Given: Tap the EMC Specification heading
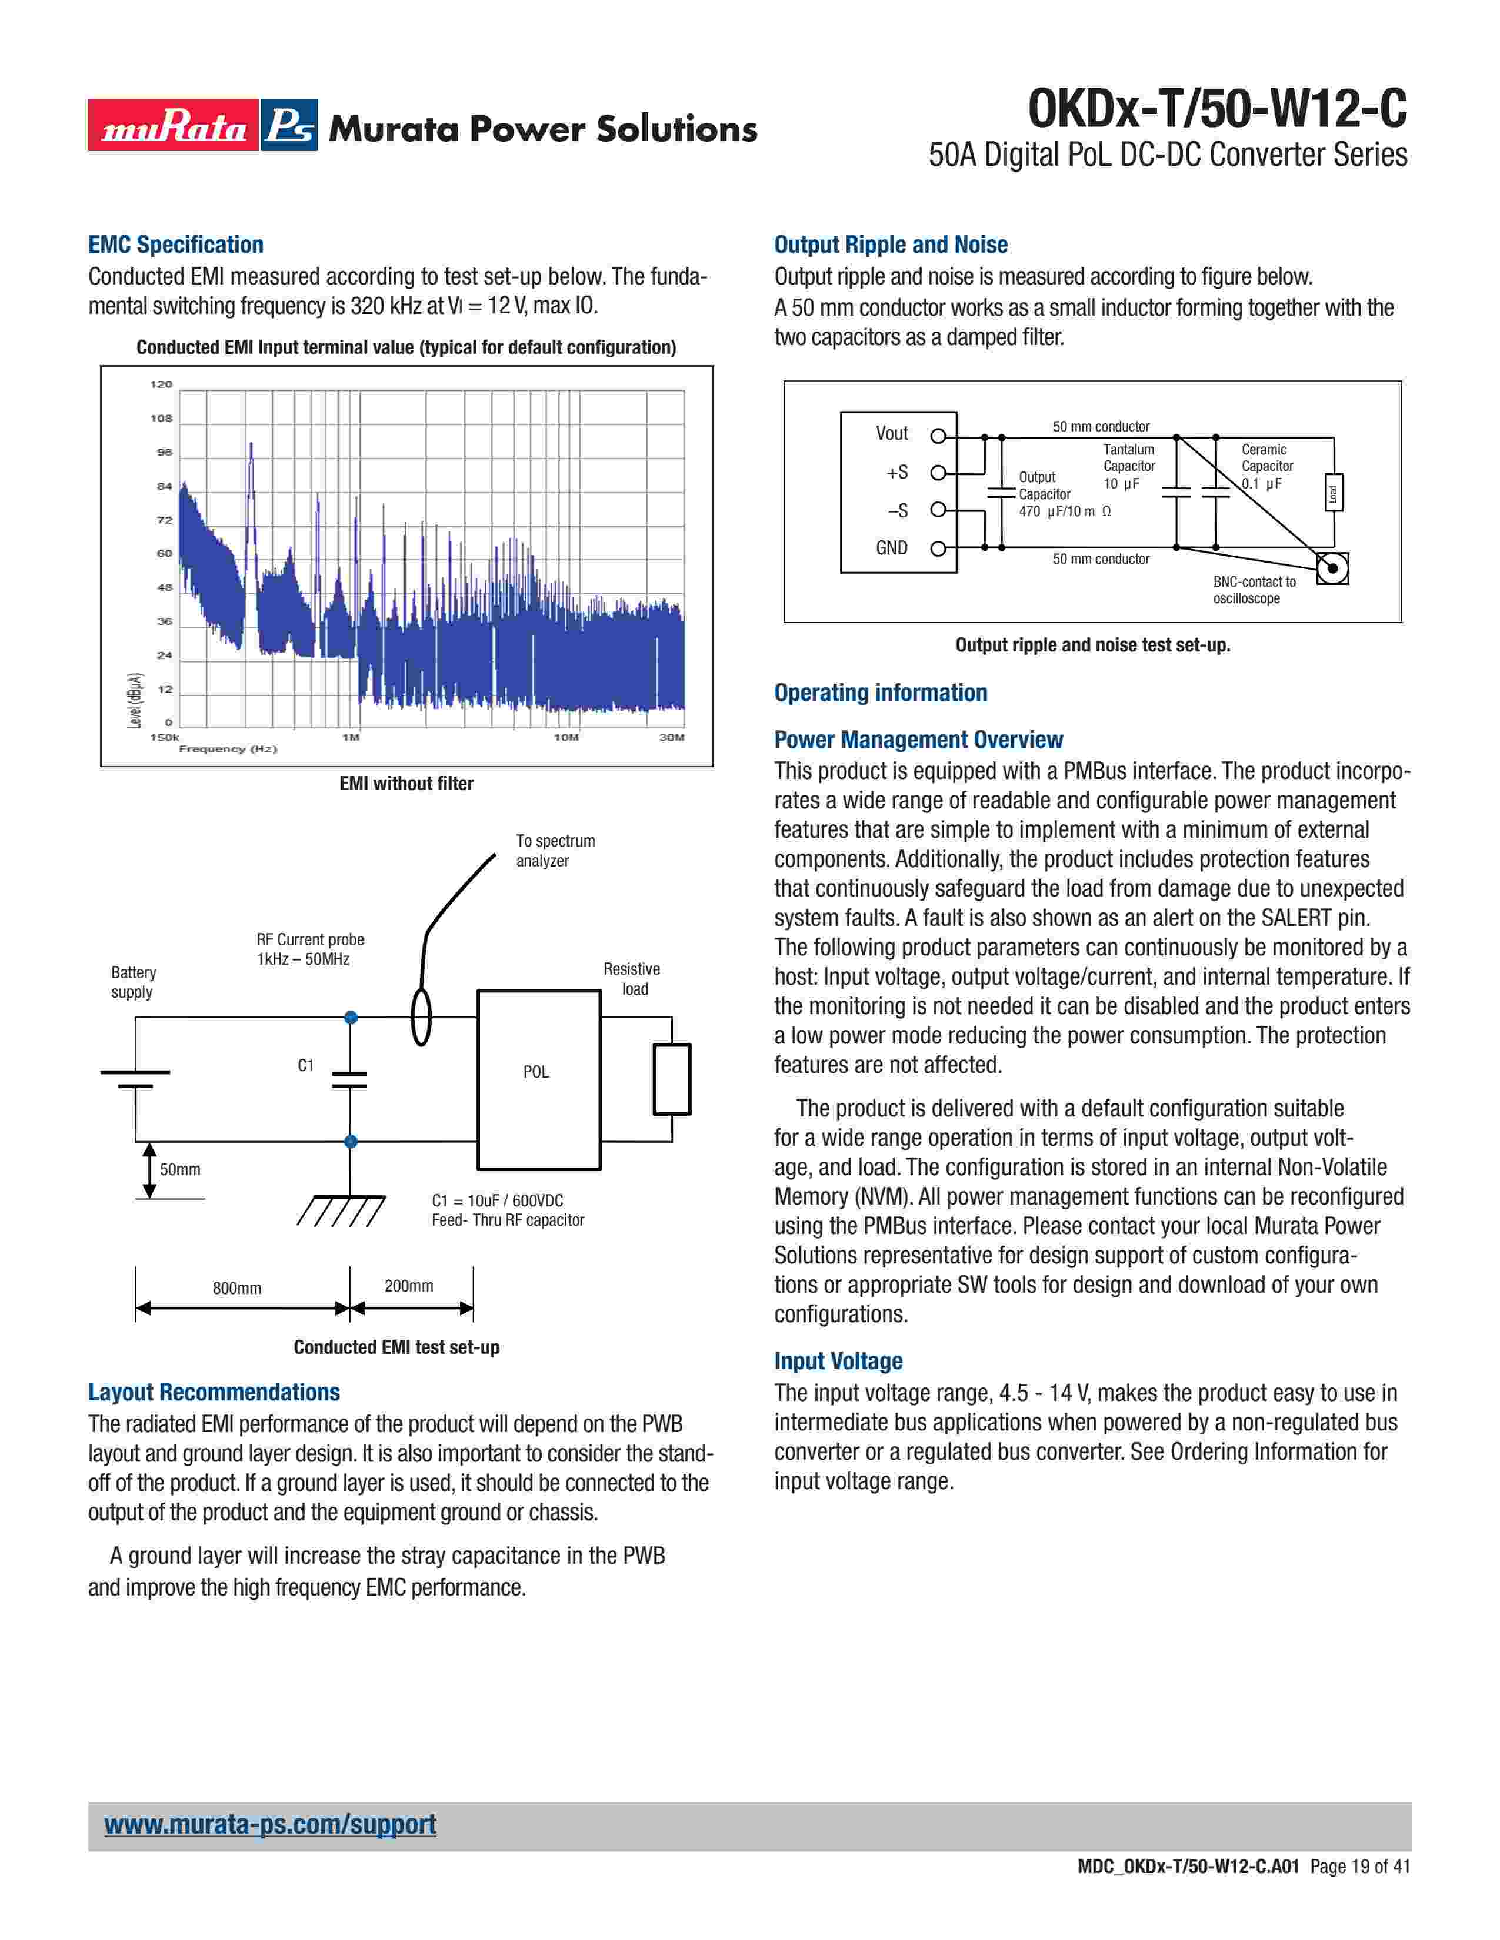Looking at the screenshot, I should tap(176, 245).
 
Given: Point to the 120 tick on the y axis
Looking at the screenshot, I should tap(161, 384).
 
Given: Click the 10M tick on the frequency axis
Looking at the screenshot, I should tap(566, 737).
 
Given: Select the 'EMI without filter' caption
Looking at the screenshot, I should tap(406, 784).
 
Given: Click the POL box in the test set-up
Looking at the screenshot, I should tap(538, 1079).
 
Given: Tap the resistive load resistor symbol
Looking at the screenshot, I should tap(672, 1079).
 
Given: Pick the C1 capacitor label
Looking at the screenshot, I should tap(306, 1065).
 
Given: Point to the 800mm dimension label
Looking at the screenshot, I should tap(236, 1288).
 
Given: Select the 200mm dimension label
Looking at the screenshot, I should tap(409, 1285).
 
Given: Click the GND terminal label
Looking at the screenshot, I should tap(891, 548).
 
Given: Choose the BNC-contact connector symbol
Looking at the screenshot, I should tap(1332, 568).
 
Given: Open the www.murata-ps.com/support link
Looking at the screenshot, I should tap(270, 1825).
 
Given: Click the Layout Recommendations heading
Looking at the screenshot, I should tap(214, 1392).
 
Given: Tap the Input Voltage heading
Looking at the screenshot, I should tap(838, 1361).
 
